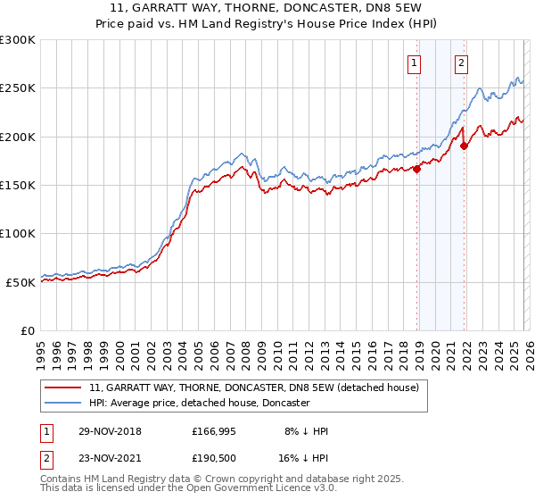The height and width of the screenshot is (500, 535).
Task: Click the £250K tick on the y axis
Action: click(x=18, y=88)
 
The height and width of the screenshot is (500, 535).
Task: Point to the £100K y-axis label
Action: click(x=18, y=233)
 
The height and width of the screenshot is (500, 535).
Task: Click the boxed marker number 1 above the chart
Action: click(x=416, y=62)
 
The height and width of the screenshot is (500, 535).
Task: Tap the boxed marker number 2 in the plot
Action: click(x=462, y=62)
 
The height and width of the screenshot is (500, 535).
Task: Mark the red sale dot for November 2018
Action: click(x=417, y=169)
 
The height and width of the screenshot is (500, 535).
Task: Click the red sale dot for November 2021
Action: click(x=465, y=146)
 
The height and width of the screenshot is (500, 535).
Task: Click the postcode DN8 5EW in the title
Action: click(x=357, y=9)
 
